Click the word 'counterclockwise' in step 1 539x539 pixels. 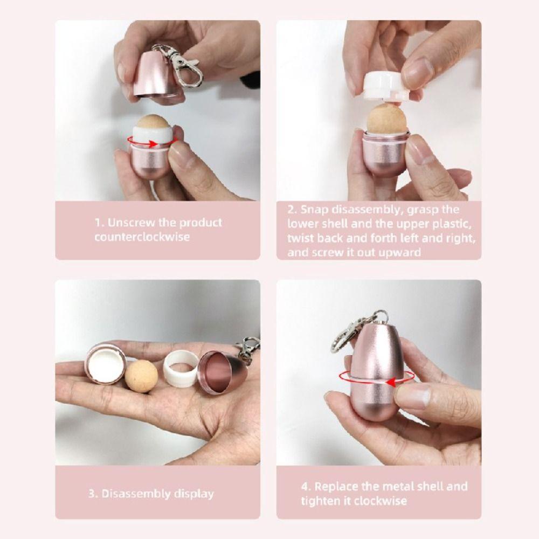(142, 237)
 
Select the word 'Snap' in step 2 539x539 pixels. (313, 210)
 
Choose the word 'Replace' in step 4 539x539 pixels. (337, 487)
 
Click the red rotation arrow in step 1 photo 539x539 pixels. (152, 142)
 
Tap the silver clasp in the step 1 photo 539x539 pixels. (182, 65)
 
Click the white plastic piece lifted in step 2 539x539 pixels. (385, 86)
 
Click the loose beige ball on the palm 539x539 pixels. (141, 375)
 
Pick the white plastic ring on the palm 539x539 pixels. (180, 369)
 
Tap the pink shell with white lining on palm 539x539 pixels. (105, 363)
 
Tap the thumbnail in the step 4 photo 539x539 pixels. (414, 396)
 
